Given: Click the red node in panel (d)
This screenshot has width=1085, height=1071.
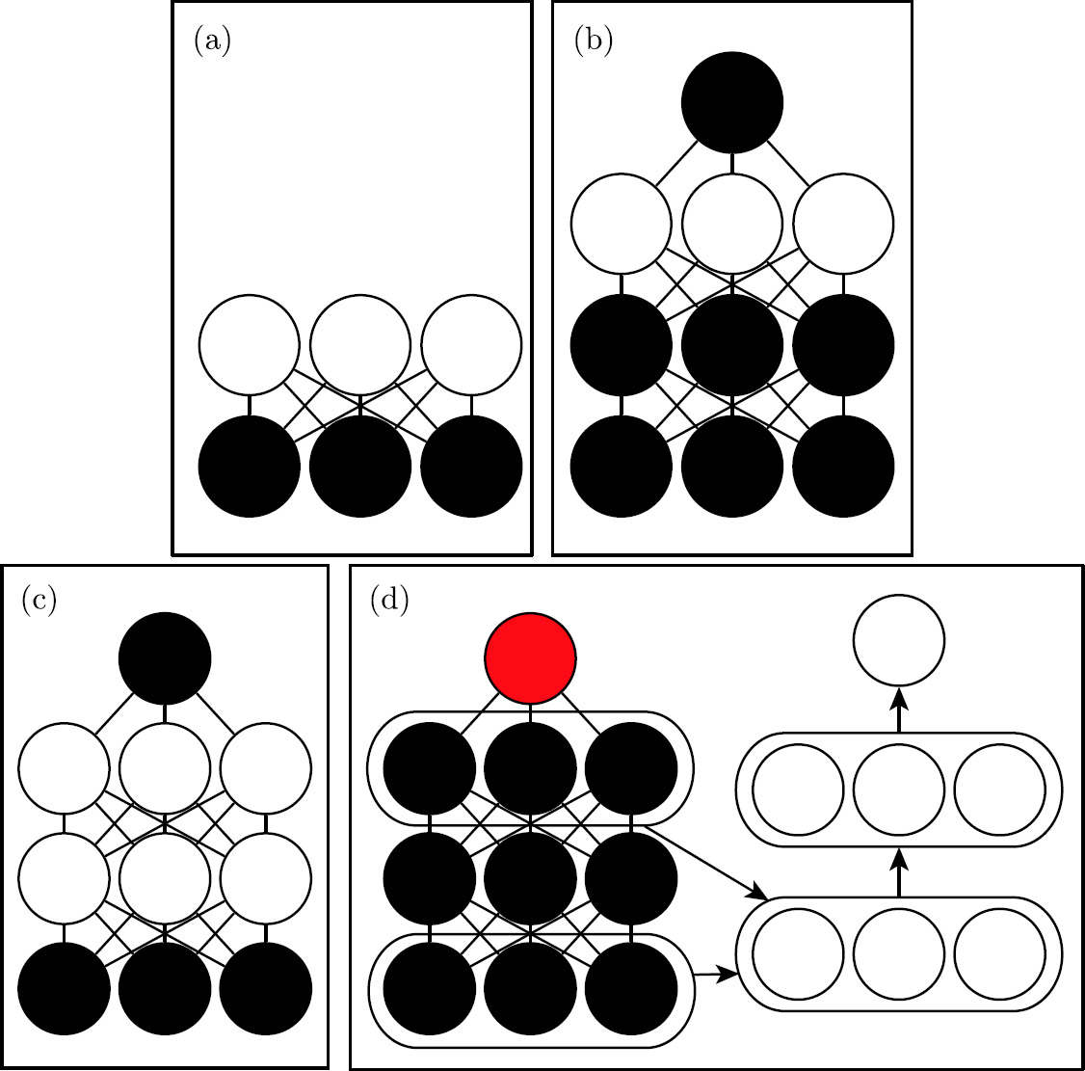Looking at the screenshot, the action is (530, 657).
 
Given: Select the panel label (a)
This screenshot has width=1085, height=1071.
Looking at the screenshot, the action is (212, 41).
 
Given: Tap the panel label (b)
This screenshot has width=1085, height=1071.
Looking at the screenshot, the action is (593, 41).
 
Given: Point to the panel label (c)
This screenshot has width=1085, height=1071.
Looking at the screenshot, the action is (39, 601).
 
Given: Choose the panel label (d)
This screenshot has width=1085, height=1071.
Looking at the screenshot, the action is (389, 601).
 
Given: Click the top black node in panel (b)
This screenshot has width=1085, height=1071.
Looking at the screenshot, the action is (732, 102).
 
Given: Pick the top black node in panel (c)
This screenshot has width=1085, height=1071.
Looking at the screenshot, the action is (165, 657).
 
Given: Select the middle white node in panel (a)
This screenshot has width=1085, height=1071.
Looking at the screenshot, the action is (360, 345).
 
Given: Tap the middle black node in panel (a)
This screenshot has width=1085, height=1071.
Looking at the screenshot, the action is (360, 466).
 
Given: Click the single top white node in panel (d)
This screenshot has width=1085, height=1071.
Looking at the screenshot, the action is (899, 640).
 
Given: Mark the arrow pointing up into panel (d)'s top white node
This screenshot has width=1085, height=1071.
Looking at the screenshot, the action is (899, 710).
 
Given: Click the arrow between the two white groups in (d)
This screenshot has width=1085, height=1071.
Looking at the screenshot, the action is (899, 873).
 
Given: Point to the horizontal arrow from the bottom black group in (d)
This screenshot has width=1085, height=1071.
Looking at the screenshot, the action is (716, 974).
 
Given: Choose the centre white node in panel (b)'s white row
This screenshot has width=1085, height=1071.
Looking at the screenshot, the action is (732, 224).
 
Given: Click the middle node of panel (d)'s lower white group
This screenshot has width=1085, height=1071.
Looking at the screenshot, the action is (899, 954).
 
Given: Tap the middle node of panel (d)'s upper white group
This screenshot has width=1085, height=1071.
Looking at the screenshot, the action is (899, 790).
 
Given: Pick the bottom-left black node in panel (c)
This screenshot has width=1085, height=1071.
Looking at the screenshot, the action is (64, 989).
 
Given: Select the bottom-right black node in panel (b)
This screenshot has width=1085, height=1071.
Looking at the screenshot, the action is (843, 466).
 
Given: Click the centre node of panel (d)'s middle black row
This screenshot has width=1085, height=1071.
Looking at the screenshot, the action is (530, 878).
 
